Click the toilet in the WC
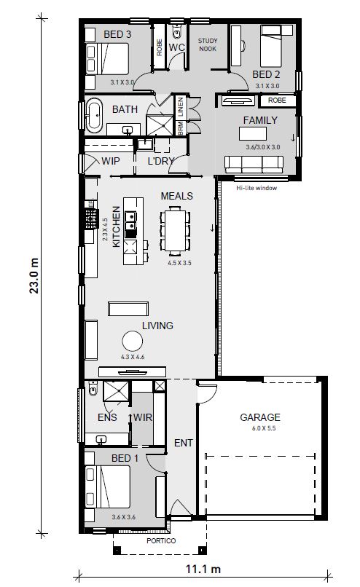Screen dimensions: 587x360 click(x=177, y=32)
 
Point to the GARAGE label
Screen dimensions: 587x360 click(x=260, y=417)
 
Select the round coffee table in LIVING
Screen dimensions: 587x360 click(x=133, y=342)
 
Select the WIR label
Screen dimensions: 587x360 click(x=143, y=418)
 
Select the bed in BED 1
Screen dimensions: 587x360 click(x=108, y=486)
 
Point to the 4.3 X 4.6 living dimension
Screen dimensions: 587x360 click(x=134, y=358)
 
